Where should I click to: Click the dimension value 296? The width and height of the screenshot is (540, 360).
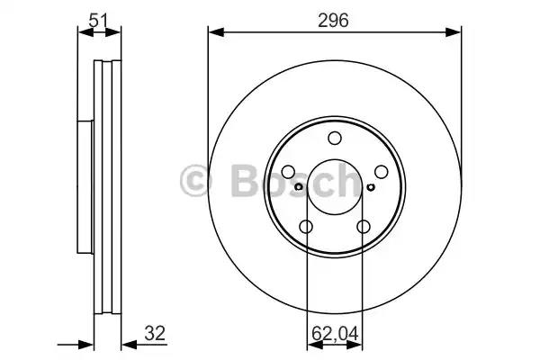pos(333,21)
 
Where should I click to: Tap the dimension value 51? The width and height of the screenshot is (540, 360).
pos(99,21)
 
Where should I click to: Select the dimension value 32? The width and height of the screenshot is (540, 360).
pos(155,334)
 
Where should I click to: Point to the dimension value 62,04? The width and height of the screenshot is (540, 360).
pos(335,334)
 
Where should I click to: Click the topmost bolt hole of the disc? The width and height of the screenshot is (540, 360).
pos(335,138)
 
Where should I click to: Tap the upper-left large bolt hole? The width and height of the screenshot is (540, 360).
pos(288,172)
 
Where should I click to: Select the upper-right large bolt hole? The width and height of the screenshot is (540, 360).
pos(382,172)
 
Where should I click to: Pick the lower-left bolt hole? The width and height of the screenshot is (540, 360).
pos(306,227)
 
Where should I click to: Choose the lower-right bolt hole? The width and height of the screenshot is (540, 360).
pos(364,227)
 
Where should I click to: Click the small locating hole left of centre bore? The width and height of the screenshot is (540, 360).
pos(299,187)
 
